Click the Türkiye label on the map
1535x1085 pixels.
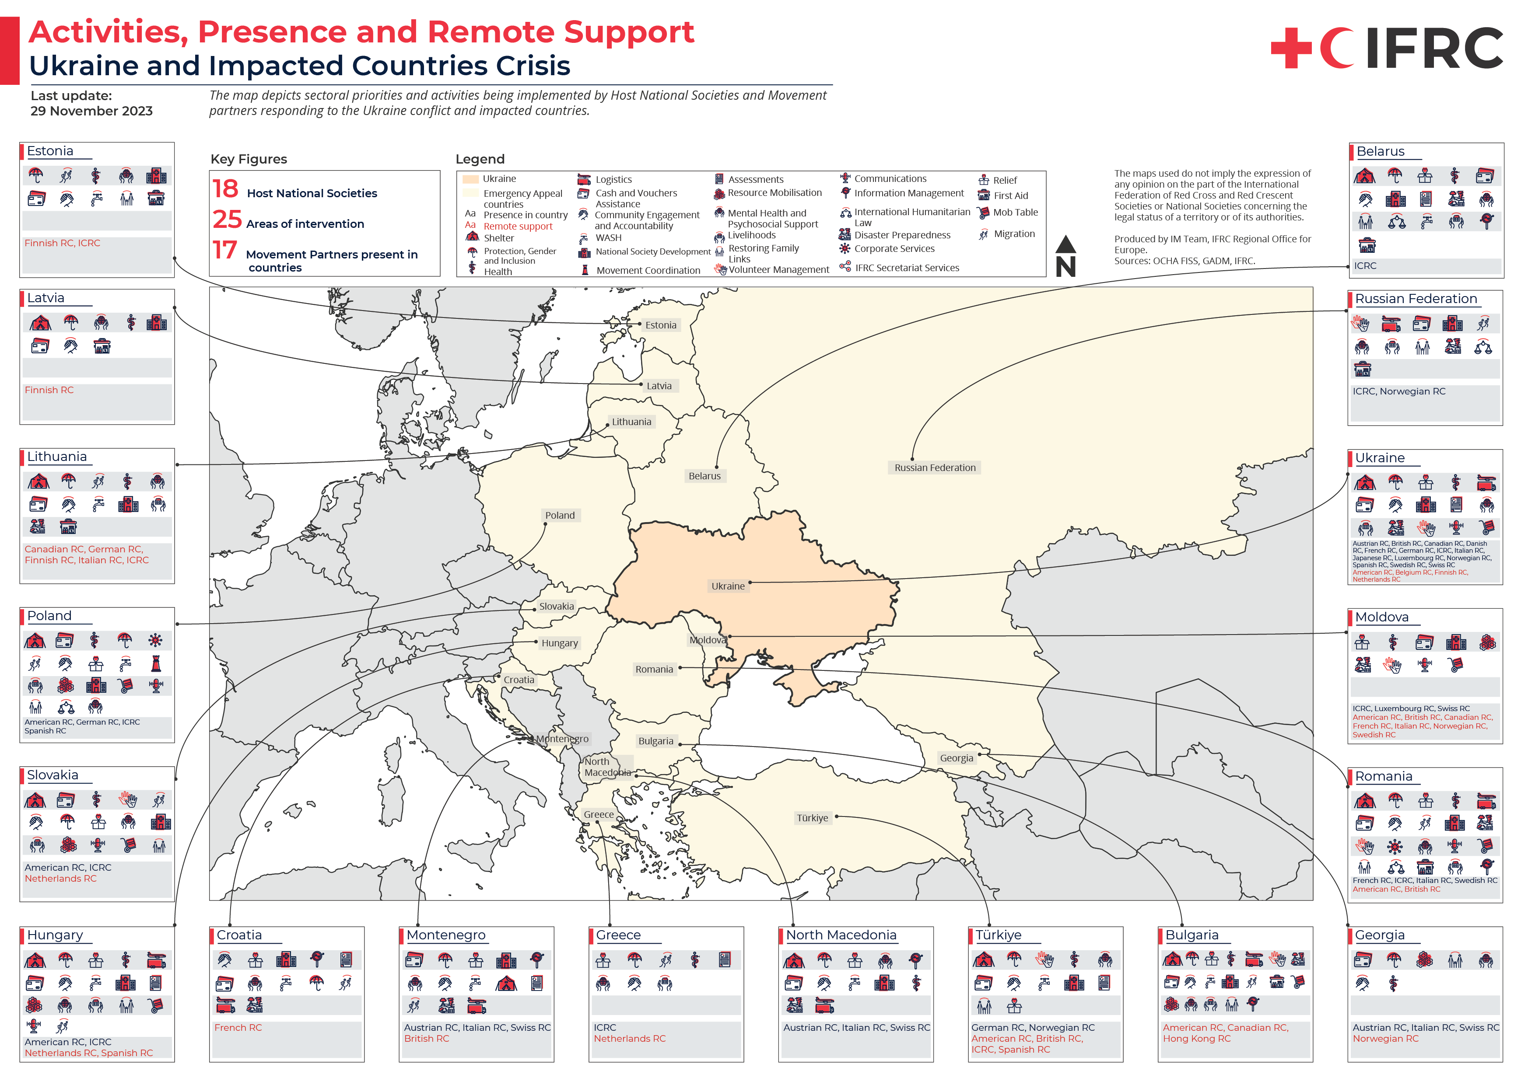pyautogui.click(x=812, y=818)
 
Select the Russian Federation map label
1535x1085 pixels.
pyautogui.click(x=935, y=467)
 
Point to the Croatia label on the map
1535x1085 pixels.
pyautogui.click(x=519, y=680)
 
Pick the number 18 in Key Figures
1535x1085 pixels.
pyautogui.click(x=225, y=189)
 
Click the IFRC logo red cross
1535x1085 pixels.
pyautogui.click(x=1290, y=48)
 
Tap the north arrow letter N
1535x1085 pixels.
pyautogui.click(x=1065, y=267)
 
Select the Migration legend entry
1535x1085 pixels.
pyautogui.click(x=1013, y=234)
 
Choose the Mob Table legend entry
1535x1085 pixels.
pyautogui.click(x=1015, y=213)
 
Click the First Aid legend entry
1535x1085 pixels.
pyautogui.click(x=1010, y=196)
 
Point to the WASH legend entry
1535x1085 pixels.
pyautogui.click(x=608, y=238)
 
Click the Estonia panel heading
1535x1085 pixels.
pyautogui.click(x=50, y=151)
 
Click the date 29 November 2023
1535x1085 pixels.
pyautogui.click(x=91, y=111)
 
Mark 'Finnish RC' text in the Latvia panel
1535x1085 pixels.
pyautogui.click(x=49, y=390)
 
